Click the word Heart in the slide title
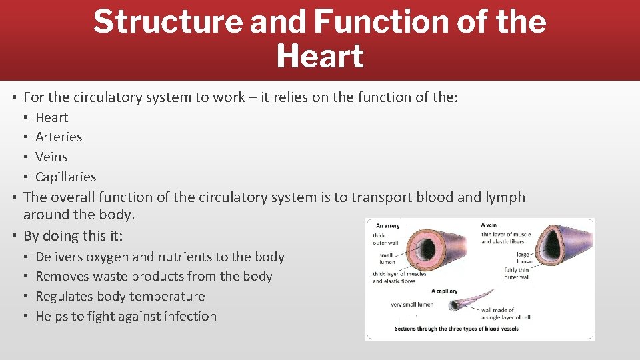tap(319, 56)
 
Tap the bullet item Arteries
tap(59, 137)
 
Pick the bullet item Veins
tap(51, 157)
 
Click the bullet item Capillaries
tap(65, 177)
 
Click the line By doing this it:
tap(73, 236)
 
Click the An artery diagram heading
tap(388, 226)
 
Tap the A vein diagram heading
tap(489, 225)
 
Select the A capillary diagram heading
tap(444, 291)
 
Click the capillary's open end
tap(453, 306)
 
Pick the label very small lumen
tap(411, 305)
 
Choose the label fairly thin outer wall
tap(517, 273)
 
